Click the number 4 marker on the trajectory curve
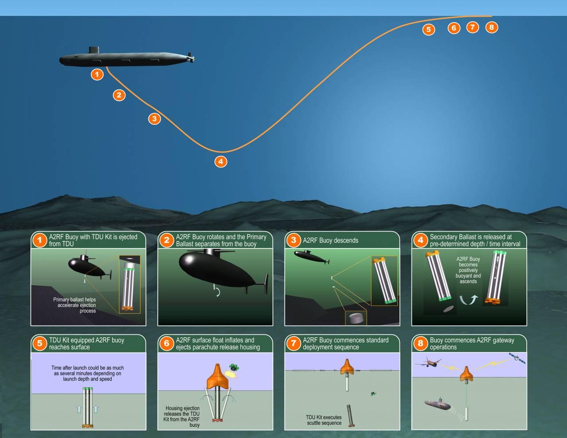pyautogui.click(x=221, y=162)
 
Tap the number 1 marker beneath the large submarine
pyautogui.click(x=97, y=74)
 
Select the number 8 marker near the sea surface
pyautogui.click(x=492, y=27)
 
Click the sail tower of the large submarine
pyautogui.click(x=94, y=50)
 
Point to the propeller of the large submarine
pyautogui.click(x=191, y=58)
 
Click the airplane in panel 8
pyautogui.click(x=428, y=361)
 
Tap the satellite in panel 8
pyautogui.click(x=517, y=358)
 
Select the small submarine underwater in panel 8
pyautogui.click(x=437, y=404)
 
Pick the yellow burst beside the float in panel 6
pyautogui.click(x=231, y=375)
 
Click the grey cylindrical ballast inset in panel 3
pyautogui.click(x=356, y=318)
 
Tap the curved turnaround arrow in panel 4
pyautogui.click(x=469, y=300)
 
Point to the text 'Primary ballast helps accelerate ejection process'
pyautogui.click(x=74, y=305)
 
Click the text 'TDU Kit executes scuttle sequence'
pyautogui.click(x=324, y=420)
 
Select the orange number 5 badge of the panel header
pyautogui.click(x=39, y=343)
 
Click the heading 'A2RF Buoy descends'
pyautogui.click(x=330, y=240)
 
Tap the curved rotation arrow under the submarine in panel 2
pyautogui.click(x=217, y=292)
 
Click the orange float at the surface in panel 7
pyautogui.click(x=347, y=367)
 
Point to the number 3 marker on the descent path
pyautogui.click(x=155, y=119)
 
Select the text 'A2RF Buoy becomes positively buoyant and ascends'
pyautogui.click(x=468, y=270)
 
